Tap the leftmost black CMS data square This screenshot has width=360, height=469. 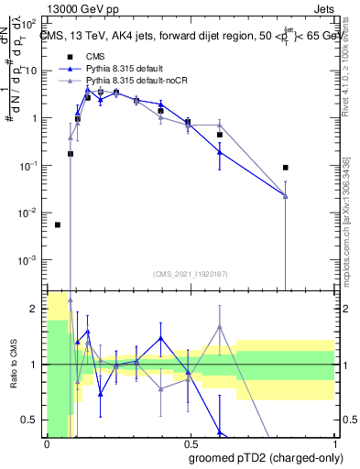(x=58, y=224)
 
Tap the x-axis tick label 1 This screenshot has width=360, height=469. (x=333, y=442)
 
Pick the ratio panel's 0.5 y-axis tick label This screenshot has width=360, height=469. (x=32, y=420)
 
